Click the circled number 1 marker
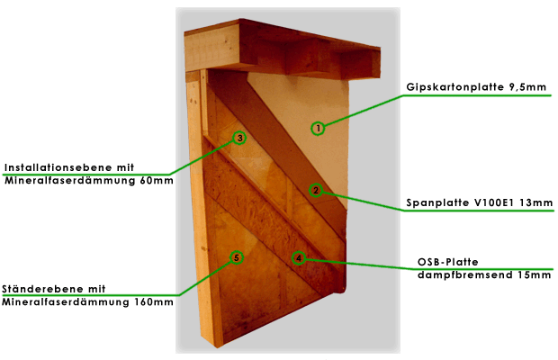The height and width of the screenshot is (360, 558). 318,128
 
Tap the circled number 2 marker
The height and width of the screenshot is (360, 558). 315,190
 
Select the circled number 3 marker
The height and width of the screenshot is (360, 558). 239,138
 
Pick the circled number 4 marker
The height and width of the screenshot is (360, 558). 299,258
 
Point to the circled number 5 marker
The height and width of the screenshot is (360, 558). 237,257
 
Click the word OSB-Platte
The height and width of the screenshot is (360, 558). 447,262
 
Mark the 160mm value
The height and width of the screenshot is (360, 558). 154,302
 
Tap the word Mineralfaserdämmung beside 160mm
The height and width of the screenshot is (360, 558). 66,302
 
